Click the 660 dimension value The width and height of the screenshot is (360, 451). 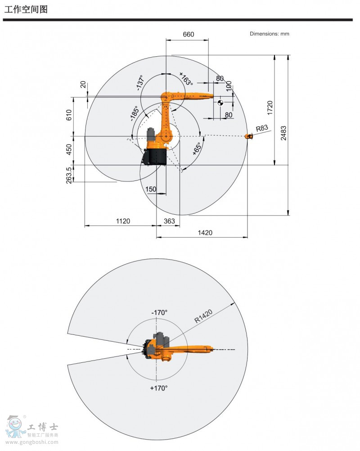[189, 34]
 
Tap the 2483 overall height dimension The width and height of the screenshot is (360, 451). [283, 133]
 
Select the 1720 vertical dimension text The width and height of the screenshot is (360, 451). [270, 108]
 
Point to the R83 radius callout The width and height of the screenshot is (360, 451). [262, 128]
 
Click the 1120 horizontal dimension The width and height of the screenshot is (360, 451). [123, 221]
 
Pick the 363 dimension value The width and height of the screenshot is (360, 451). [169, 221]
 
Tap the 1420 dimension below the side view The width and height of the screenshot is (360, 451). [205, 232]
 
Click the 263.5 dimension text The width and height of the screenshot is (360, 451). [69, 175]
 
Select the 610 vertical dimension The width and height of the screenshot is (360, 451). [69, 115]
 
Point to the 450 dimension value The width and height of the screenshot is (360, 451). [69, 149]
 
